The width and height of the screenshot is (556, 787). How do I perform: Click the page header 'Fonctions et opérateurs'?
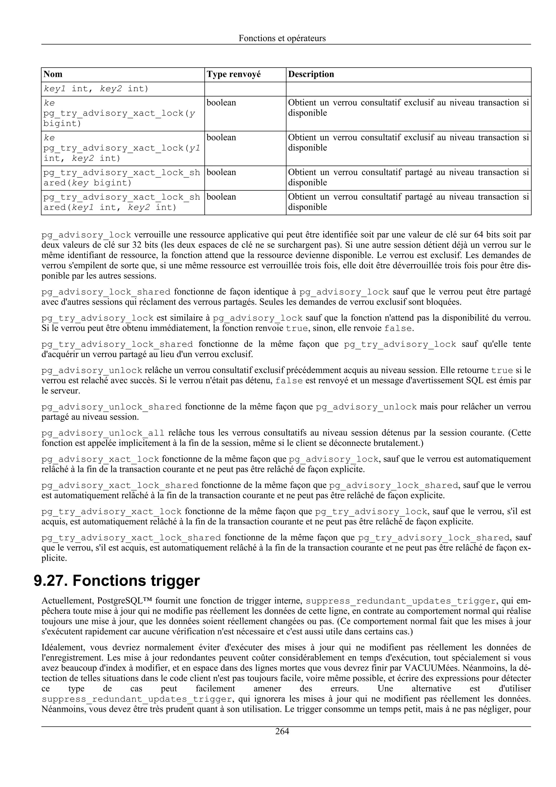pos(282,38)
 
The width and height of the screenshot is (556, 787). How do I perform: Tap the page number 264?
pos(282,732)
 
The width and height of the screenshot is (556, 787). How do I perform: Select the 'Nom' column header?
pos(53,74)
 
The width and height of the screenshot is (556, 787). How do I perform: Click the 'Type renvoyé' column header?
pos(234,74)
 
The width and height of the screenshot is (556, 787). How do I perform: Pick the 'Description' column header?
pos(311,74)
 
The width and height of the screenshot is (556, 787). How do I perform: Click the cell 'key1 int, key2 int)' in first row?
pos(96,89)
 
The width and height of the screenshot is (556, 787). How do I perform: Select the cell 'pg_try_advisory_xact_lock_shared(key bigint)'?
pos(122,178)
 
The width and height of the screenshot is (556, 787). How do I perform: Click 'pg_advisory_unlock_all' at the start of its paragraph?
pos(103,433)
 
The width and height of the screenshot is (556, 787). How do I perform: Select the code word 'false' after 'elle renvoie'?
pos(398,328)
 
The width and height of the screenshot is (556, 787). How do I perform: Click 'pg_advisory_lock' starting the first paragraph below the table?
pos(86,235)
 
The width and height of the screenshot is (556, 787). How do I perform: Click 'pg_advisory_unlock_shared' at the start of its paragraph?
pos(111,407)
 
